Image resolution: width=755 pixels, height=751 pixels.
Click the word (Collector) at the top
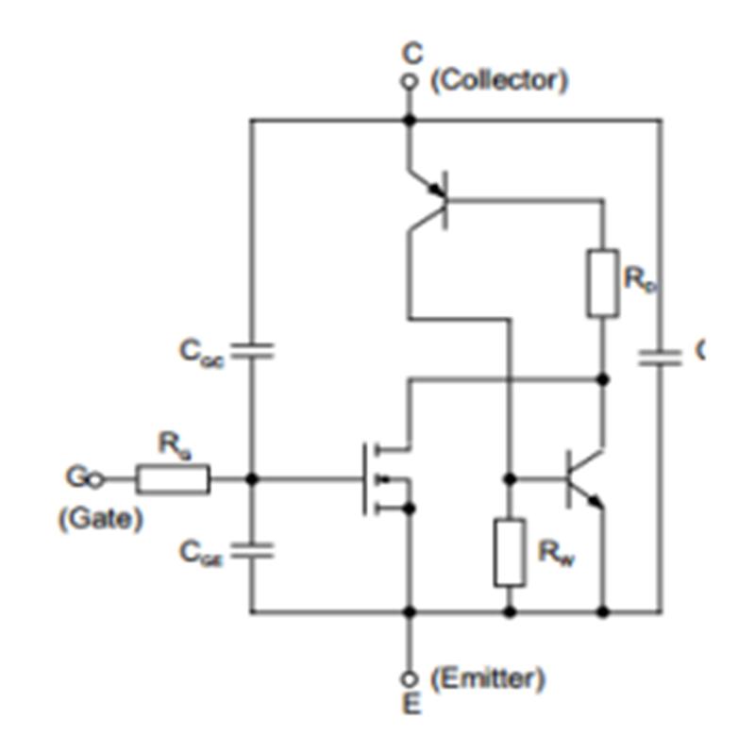coord(499,80)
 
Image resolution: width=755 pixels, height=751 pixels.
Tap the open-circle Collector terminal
coord(409,83)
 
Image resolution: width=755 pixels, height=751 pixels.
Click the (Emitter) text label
coord(487,677)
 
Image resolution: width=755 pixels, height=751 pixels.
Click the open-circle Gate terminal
coord(95,479)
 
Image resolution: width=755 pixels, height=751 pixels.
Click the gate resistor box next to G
coord(173,479)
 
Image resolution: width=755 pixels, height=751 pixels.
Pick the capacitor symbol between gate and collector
coord(252,352)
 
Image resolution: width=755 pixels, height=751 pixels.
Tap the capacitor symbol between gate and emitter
coord(252,551)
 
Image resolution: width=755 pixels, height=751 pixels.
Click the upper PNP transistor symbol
coord(429,198)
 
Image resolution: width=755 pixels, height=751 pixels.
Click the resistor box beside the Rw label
coord(510,552)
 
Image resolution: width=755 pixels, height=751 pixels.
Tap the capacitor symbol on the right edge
coord(660,357)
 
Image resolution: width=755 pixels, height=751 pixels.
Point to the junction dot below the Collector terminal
coord(409,120)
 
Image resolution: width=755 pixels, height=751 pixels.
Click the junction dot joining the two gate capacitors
coord(252,479)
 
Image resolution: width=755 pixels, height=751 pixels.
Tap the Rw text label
coord(553,553)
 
